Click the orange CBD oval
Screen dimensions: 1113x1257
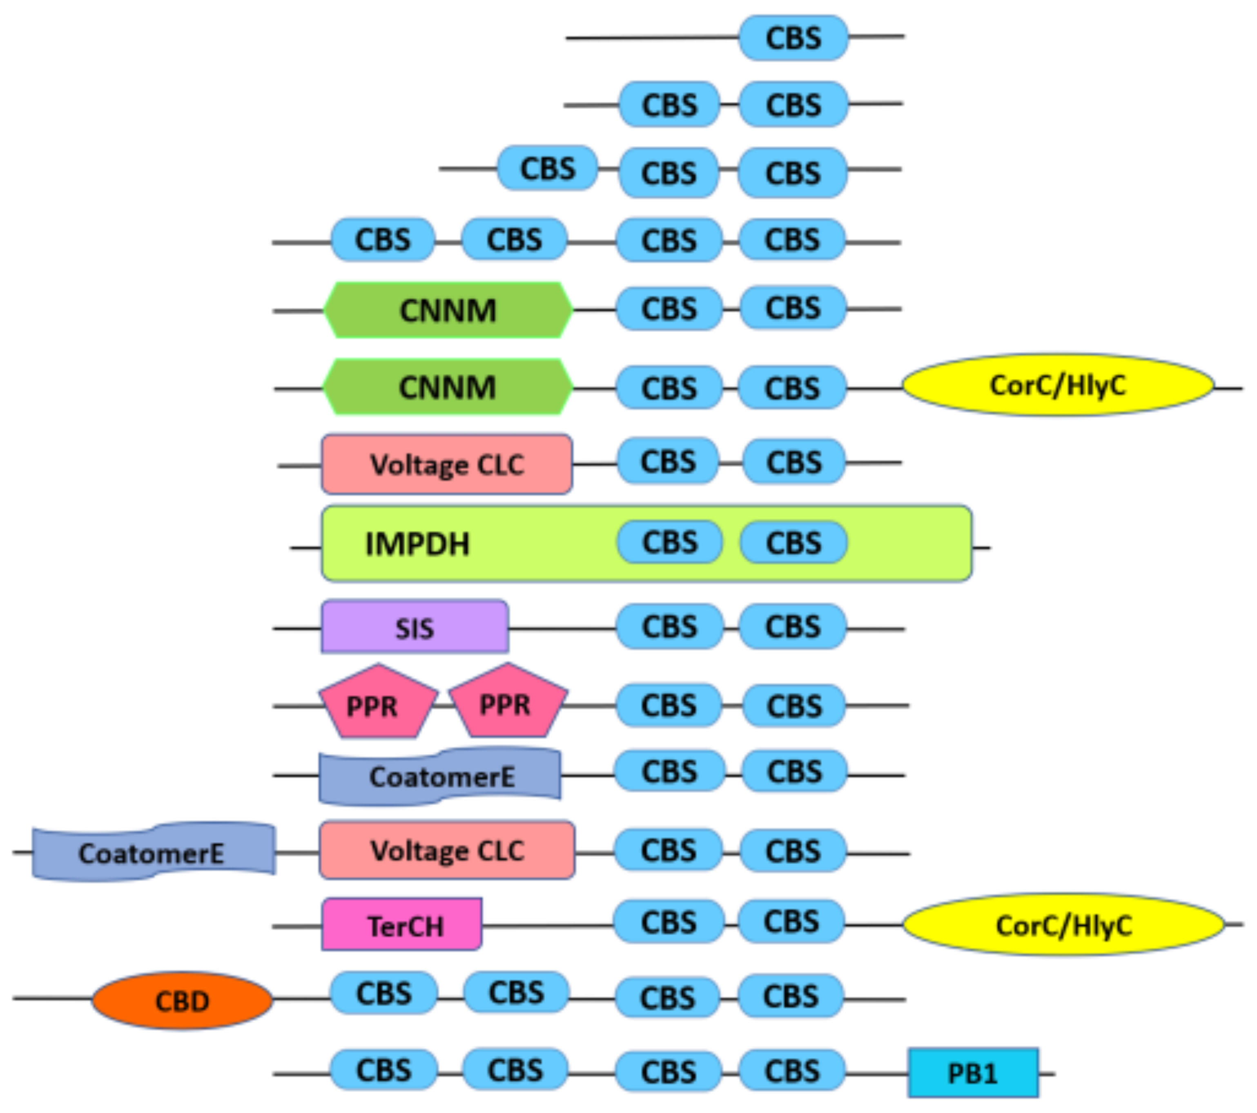coord(182,1001)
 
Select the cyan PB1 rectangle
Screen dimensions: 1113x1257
coord(973,1074)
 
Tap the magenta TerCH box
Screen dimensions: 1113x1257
coord(401,925)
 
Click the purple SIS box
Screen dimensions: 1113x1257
coord(415,627)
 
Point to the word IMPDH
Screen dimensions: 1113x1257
coord(417,544)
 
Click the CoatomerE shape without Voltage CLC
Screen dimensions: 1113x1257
coord(440,776)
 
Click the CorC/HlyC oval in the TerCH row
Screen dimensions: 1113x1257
coord(1063,925)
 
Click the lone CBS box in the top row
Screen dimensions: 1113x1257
coord(793,38)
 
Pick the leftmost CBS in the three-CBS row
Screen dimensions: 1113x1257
coord(547,168)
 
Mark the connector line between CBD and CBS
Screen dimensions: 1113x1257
coord(301,997)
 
